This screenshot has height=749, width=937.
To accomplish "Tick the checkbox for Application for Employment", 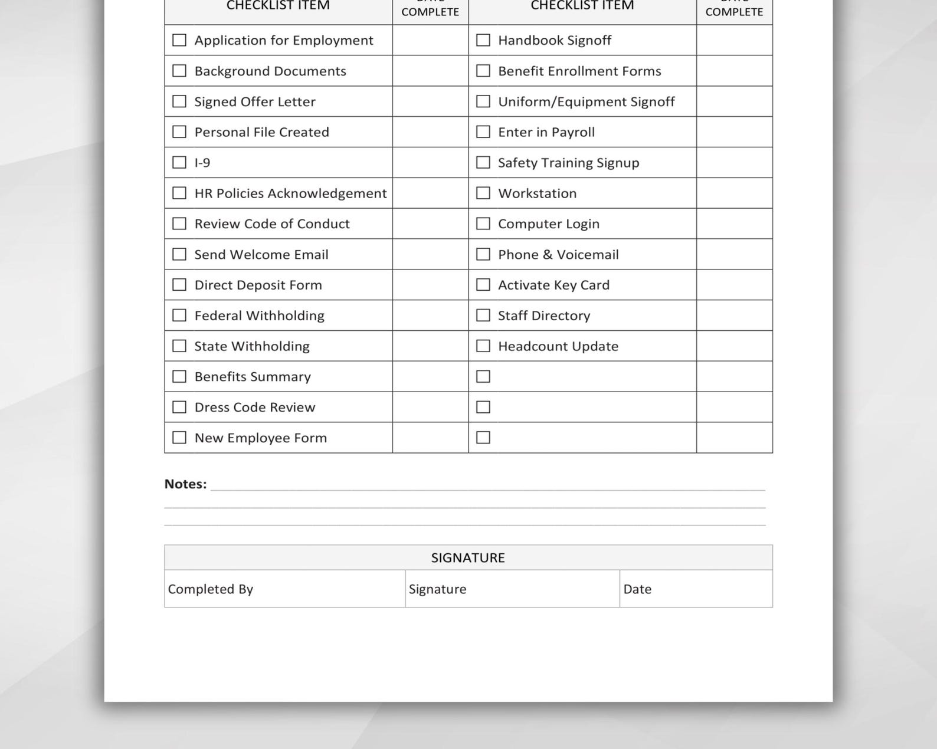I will pos(179,40).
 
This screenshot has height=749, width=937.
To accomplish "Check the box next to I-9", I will pos(179,162).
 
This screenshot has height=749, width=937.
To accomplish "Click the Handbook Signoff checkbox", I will pos(483,40).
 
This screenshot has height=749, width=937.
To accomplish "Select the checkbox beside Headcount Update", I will pos(483,346).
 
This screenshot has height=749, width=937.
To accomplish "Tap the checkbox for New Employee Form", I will pos(179,438).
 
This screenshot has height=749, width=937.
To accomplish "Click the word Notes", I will pos(185,484).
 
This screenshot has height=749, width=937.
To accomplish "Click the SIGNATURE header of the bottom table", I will pos(468,558).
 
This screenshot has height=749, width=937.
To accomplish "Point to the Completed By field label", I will pos(211,589).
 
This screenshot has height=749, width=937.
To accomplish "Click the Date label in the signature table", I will pos(637,589).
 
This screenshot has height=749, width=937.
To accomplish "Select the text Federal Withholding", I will pos(259,316).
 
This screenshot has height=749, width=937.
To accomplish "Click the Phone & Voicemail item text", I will pos(558,255).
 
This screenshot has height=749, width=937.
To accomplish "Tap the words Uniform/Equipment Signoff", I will pos(586,101).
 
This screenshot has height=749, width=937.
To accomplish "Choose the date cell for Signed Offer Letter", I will pos(430,101).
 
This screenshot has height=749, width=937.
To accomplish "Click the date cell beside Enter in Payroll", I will pos(734,132).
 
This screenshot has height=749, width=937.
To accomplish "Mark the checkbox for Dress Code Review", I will pos(179,407).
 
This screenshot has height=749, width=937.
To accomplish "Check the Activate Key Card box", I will pos(483,285).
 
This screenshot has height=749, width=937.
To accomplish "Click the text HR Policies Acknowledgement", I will pos(290,193).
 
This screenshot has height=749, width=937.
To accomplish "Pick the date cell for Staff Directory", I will pos(734,316).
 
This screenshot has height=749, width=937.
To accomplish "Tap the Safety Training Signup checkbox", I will pos(483,162).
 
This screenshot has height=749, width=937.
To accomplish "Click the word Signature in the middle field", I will pos(437,589).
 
